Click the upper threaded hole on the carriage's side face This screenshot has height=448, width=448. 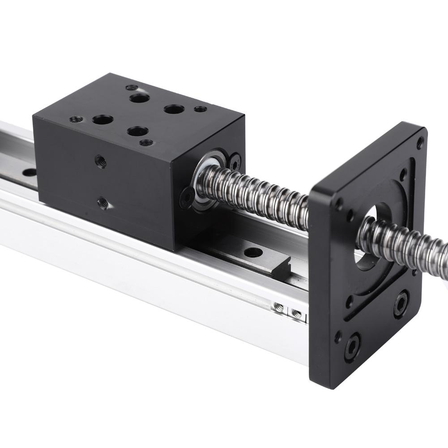pos(102,162)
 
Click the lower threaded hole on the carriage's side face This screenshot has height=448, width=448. pos(103,203)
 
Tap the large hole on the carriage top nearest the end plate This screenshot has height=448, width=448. pos(174,109)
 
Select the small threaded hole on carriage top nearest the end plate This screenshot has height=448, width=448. pos(201,109)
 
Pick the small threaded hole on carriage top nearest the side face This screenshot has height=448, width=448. pos(76,119)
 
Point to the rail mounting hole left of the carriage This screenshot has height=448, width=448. pos(30,172)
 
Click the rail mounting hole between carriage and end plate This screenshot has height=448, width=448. pos(253,252)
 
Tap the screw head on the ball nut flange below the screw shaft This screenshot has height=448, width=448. pos(187,196)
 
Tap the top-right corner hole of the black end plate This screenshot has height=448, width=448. pos(419,143)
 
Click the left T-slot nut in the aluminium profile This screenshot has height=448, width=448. pos(279,307)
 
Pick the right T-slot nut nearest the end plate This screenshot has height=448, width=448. pos(295,312)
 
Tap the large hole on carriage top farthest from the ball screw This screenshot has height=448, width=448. pos(102,119)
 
